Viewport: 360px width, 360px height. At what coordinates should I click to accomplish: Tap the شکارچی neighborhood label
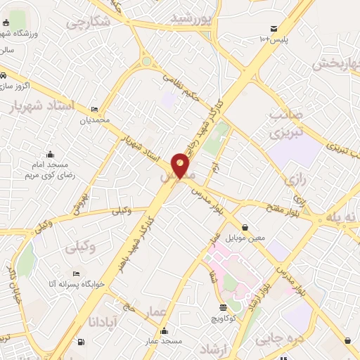coord(89,21)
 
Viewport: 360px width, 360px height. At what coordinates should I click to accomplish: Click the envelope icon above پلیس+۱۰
coord(272,29)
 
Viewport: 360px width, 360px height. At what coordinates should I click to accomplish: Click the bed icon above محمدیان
coord(95,109)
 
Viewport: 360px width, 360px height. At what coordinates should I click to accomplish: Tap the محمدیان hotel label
coord(95,121)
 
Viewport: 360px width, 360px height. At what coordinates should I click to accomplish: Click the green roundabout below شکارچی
coord(146,61)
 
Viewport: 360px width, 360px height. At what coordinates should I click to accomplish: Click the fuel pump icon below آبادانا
coord(82,342)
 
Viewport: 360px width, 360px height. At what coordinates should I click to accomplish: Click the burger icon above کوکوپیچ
coord(224,307)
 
